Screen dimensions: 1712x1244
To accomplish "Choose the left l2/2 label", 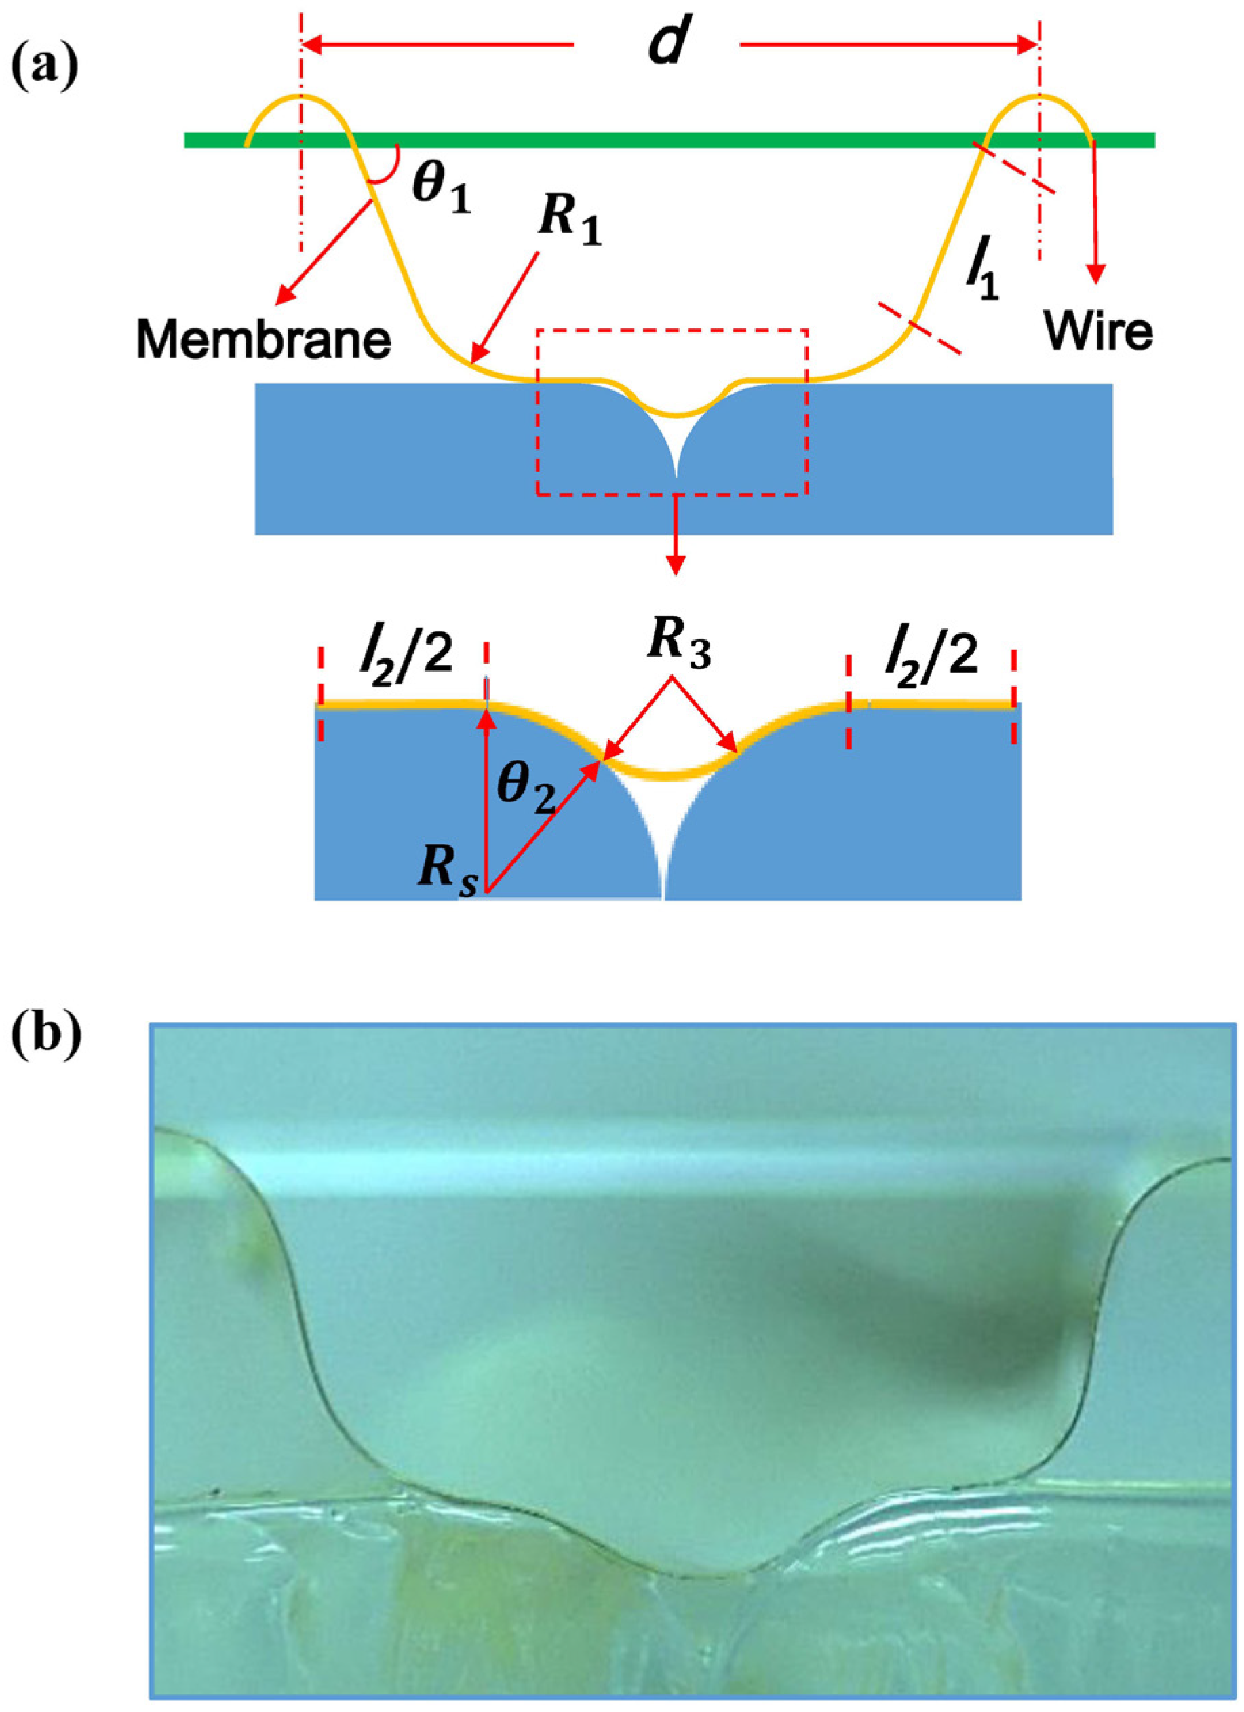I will (x=404, y=653).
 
